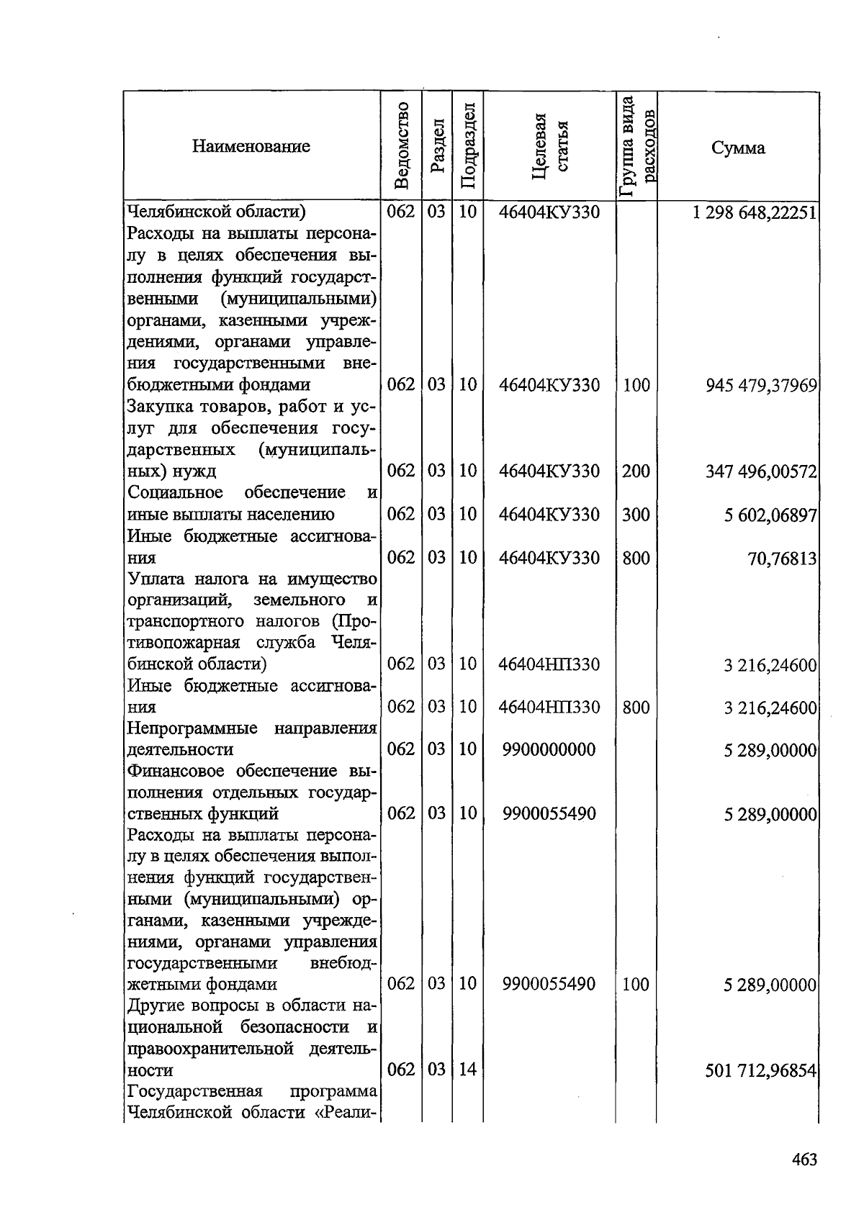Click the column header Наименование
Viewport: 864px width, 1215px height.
[251, 147]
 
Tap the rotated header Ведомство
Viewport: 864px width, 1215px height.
[402, 146]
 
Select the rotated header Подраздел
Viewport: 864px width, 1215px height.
[467, 146]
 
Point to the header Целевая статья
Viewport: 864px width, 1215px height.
[549, 146]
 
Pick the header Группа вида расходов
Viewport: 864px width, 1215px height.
[636, 146]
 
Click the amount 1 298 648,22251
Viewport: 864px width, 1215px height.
[754, 212]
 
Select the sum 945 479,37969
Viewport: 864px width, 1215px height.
[762, 386]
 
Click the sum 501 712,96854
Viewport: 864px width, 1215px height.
[761, 1071]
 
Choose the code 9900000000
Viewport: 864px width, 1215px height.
[549, 750]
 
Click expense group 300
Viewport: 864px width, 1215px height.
[636, 515]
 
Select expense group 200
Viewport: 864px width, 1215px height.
[636, 471]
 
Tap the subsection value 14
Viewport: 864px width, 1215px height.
[467, 1070]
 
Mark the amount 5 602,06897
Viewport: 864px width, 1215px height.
[770, 515]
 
